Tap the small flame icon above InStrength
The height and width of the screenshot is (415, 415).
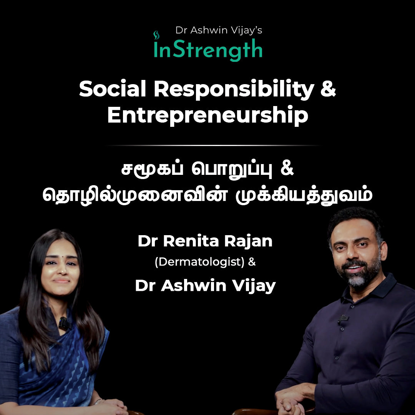[x=156, y=35]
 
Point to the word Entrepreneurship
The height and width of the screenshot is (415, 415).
[x=207, y=116]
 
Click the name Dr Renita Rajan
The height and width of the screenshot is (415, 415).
[x=205, y=241]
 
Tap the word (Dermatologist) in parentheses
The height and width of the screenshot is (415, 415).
[x=199, y=263]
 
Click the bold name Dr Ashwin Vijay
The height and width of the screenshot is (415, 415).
[x=205, y=286]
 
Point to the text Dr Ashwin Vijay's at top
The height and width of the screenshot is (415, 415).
[x=219, y=30]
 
